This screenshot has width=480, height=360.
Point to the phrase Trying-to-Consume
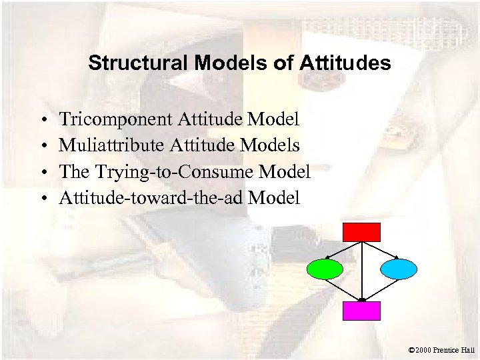point(171,171)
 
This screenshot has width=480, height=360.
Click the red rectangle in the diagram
point(361,232)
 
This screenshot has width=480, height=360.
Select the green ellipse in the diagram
point(325,269)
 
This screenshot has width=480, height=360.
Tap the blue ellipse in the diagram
point(399,269)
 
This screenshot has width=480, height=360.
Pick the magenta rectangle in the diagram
point(361,311)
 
